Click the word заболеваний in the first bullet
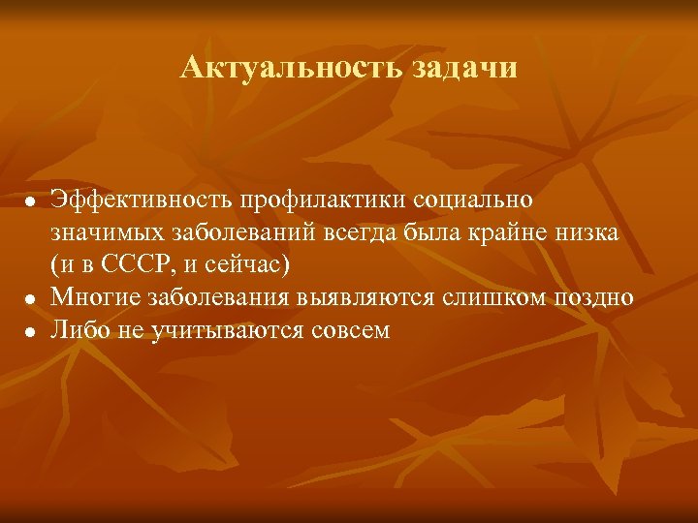pyautogui.click(x=232, y=232)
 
